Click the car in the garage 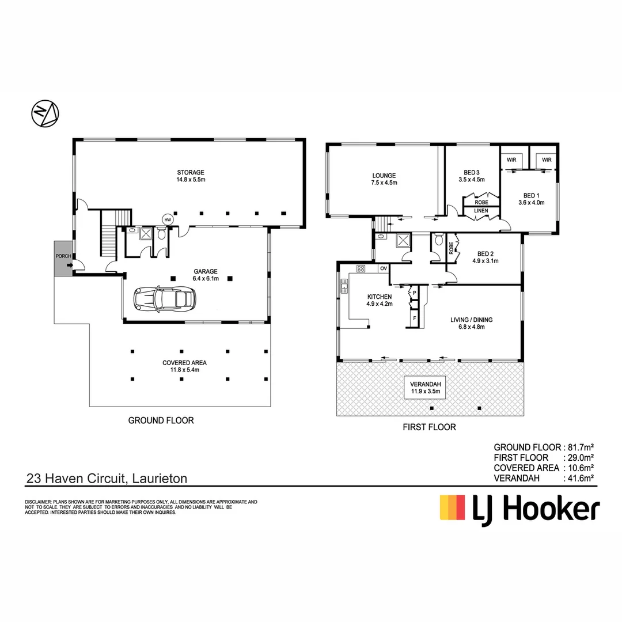pos(164,298)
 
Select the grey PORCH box pos(63,259)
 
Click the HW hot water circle pos(168,220)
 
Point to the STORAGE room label pos(191,172)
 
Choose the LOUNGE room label pos(384,175)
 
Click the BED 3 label pos(472,172)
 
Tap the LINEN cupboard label pos(481,211)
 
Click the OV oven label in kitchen pos(382,268)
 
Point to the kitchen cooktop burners pos(362,268)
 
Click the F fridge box pos(414,318)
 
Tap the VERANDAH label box pos(426,388)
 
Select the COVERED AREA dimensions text pos(184,370)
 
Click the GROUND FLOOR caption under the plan pos(161,420)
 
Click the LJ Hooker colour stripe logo pos(452,507)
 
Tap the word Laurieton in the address pos(160,478)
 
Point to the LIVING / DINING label pos(472,320)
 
